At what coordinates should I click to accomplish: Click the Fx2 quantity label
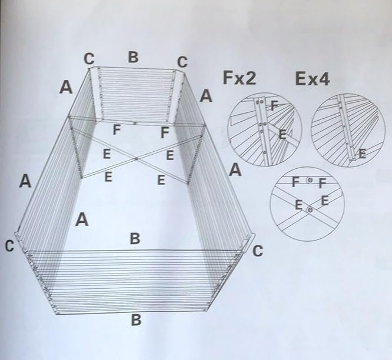click(240, 78)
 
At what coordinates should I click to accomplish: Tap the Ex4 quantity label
click(313, 79)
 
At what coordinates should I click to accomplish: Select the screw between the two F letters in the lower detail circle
click(310, 180)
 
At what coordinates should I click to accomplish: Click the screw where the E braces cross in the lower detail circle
click(310, 210)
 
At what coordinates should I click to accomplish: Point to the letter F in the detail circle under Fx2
click(274, 106)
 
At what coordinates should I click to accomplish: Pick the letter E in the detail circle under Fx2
click(283, 135)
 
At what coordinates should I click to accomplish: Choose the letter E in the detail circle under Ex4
click(362, 154)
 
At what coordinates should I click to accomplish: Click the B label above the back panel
click(133, 57)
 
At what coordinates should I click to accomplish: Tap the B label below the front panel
click(136, 320)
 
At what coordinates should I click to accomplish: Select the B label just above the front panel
click(135, 238)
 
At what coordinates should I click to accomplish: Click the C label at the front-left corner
click(9, 246)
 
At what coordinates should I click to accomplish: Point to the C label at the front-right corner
click(258, 251)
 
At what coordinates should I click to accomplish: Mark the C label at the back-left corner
click(89, 59)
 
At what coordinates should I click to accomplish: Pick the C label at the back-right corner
click(182, 62)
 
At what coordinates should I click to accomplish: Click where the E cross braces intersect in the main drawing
click(136, 158)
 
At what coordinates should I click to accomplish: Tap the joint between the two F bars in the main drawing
click(135, 123)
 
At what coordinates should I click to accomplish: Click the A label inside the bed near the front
click(82, 219)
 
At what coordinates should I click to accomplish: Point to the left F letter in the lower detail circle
click(295, 182)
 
